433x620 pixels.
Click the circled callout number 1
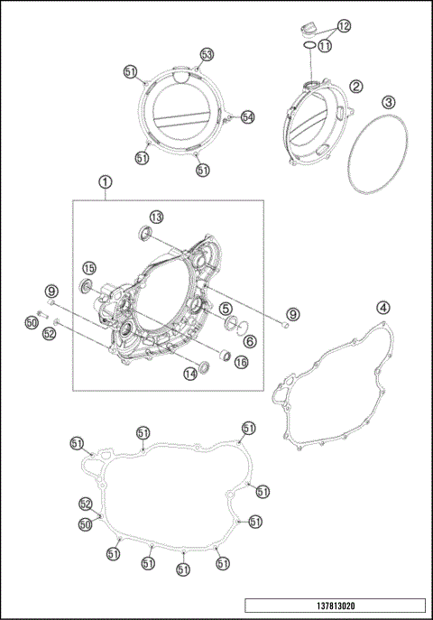tap(106, 181)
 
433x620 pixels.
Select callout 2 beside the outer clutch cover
tap(356, 87)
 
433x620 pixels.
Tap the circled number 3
tap(387, 102)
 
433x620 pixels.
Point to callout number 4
tap(383, 308)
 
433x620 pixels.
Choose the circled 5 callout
tap(219, 308)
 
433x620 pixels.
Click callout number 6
tap(249, 342)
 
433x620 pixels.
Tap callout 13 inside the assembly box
tap(156, 217)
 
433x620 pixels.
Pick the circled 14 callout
tap(190, 374)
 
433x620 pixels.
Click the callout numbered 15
tap(89, 268)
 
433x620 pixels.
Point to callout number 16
tap(241, 362)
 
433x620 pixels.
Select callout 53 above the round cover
tap(207, 56)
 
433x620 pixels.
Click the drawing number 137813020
tap(333, 605)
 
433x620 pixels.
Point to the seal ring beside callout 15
tap(88, 288)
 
